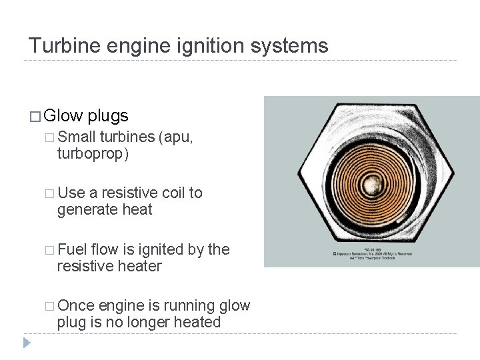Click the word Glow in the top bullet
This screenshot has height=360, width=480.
coord(63,116)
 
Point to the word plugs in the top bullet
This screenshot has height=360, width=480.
coord(107,116)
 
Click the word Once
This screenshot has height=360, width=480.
coord(76,306)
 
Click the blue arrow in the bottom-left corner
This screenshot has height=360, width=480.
coord(27,344)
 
